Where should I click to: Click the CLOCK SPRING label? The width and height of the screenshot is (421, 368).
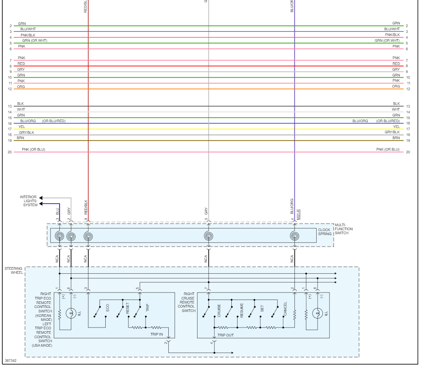324,232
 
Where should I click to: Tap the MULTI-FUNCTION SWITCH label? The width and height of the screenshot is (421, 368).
344,229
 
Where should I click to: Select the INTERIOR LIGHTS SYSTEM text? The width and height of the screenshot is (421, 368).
28,201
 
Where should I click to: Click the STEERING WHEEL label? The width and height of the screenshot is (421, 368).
14,271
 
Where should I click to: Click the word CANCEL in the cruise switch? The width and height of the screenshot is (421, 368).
285,309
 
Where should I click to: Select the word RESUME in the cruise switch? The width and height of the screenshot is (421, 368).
242,309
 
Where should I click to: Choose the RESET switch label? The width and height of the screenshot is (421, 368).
127,309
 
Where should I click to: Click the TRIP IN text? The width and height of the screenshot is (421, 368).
156,334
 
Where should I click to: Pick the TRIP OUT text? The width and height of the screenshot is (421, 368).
225,335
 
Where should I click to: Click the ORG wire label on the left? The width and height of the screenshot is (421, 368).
21,87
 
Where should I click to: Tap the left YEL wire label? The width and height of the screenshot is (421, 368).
22,127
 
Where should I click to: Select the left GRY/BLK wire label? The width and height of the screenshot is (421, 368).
26,132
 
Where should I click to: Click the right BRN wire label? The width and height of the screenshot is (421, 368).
396,138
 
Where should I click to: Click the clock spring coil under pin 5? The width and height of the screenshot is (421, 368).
208,236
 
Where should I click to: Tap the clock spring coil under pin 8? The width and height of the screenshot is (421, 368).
88,236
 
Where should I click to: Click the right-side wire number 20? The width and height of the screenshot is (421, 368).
408,152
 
